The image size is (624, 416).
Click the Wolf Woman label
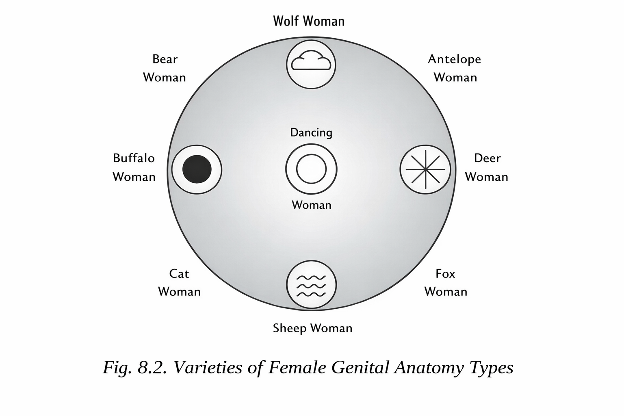tap(309, 21)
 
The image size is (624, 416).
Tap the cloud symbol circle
tap(311, 64)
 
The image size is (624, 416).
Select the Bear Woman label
tap(165, 68)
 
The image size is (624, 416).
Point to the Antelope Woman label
tap(455, 68)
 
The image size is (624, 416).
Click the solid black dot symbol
tap(197, 169)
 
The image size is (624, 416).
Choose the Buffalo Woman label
tap(134, 167)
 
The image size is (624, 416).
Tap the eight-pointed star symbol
tap(425, 169)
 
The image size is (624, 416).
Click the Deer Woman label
tap(487, 167)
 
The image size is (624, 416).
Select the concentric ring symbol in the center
tap(311, 169)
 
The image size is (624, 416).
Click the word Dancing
tap(311, 133)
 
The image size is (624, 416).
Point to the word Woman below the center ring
tap(312, 205)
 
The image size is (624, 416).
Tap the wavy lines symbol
tap(311, 285)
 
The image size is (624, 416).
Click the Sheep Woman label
tap(312, 328)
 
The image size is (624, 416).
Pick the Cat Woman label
tap(179, 283)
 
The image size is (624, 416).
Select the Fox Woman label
tap(446, 283)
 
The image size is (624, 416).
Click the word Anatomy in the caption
tap(429, 368)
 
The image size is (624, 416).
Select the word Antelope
tap(455, 59)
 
